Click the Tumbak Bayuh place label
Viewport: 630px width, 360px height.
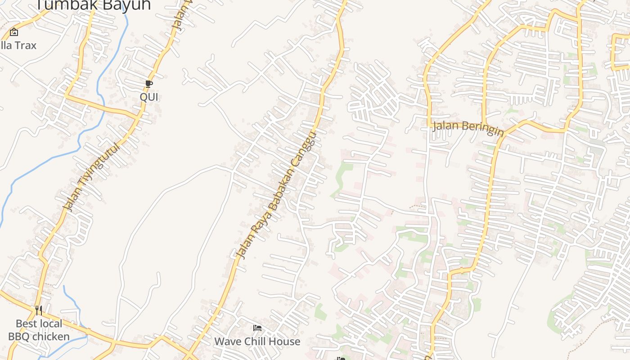point(93,4)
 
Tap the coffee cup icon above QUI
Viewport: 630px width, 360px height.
point(149,84)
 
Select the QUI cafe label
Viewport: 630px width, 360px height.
point(149,97)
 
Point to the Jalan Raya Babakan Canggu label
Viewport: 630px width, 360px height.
point(277,196)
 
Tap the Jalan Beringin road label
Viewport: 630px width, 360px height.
point(468,127)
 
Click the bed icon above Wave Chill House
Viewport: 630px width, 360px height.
point(257,328)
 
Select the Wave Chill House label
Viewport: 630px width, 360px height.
point(257,341)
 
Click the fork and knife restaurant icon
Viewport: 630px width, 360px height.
point(39,310)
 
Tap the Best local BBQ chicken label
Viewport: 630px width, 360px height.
point(39,330)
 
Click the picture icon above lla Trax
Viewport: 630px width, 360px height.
point(14,32)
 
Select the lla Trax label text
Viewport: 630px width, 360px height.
point(18,45)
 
